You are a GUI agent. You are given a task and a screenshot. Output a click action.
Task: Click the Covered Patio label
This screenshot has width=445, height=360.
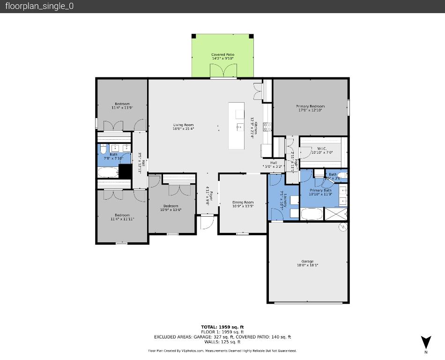222,55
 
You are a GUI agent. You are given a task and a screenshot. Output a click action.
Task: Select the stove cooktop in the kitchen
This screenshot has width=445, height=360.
267,126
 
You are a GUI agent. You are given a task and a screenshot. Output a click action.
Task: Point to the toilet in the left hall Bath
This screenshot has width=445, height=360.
104,149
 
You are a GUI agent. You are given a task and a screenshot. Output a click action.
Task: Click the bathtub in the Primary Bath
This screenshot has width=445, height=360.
311,214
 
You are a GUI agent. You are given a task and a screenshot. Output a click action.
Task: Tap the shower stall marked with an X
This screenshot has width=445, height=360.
337,214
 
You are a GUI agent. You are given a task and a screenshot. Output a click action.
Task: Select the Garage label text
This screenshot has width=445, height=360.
307,262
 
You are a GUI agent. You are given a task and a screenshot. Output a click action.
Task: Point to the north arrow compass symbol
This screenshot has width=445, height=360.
425,343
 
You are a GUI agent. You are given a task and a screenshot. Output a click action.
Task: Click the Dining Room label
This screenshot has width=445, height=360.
243,202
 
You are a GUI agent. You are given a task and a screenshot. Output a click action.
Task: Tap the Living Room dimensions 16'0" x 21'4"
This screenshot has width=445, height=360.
183,128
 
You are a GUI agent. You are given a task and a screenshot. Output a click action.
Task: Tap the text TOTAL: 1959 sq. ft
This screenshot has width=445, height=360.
222,327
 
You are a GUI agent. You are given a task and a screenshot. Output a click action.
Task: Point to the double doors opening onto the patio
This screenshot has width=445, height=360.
222,71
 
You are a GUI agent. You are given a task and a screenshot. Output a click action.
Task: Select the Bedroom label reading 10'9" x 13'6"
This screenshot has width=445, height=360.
171,210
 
